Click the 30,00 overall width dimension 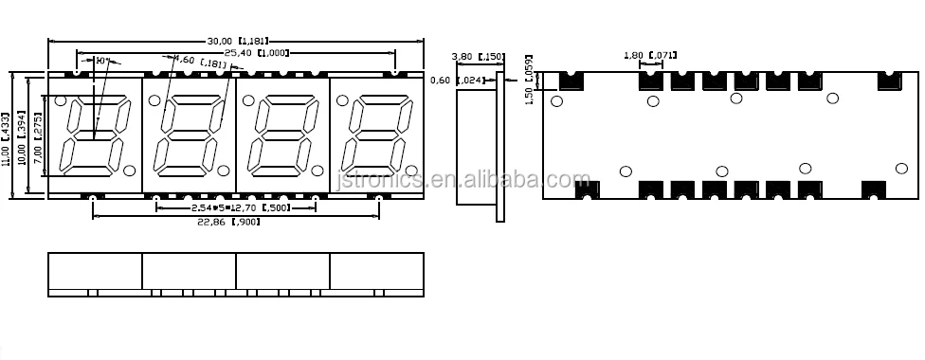(237, 41)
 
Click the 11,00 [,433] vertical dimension (8, 135)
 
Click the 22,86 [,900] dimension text (227, 222)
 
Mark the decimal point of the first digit (129, 171)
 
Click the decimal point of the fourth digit (410, 171)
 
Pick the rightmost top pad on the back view (888, 81)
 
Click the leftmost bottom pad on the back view (587, 189)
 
